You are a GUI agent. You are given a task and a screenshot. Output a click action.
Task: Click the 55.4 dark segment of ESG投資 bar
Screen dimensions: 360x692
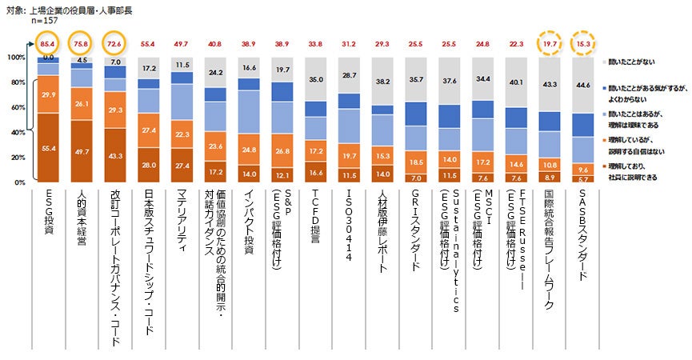tap(47, 149)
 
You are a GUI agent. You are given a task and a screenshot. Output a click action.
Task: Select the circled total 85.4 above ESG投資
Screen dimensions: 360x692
tap(47, 43)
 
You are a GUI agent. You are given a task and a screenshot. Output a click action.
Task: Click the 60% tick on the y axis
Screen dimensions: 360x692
tap(17, 107)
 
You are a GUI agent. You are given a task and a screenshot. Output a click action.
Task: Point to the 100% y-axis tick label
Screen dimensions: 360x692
tap(15, 58)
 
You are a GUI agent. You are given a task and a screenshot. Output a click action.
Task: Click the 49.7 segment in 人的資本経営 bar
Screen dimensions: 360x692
tap(82, 152)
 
